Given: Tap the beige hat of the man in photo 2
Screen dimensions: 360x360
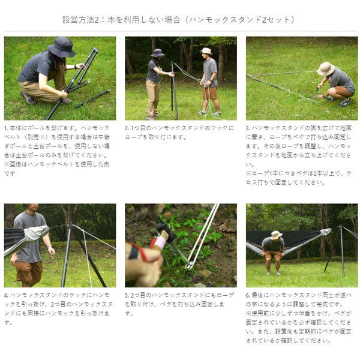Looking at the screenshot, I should (206, 51).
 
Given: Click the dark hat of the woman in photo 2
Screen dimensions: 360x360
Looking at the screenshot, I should (158, 53).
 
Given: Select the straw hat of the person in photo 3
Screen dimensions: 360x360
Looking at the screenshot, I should (325, 68).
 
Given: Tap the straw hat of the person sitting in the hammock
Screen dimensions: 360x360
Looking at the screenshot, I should (276, 235).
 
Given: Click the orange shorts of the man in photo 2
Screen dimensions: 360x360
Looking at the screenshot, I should (209, 93).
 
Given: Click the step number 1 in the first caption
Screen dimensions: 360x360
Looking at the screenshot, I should (5, 128).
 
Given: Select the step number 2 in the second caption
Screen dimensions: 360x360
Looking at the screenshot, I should (127, 128).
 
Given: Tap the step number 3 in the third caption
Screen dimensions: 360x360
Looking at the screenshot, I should (248, 128).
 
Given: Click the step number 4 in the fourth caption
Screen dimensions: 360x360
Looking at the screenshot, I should (5, 296).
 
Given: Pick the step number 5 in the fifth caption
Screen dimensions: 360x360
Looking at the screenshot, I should (127, 296).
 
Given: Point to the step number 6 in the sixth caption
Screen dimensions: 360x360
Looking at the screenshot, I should (248, 296).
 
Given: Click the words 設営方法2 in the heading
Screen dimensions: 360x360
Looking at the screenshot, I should (86, 20).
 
